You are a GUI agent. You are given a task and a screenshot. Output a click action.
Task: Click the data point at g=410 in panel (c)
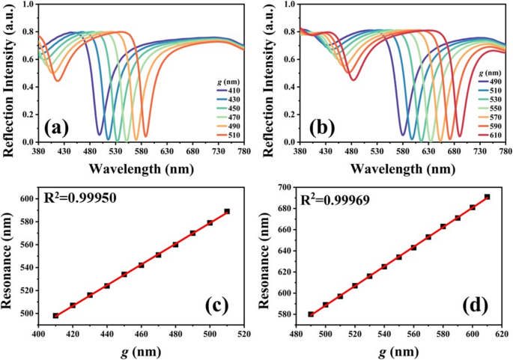coord(56,315)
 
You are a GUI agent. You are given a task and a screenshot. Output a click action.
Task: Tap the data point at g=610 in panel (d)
coord(487,197)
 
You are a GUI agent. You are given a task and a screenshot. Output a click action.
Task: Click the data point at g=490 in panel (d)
coord(311,314)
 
